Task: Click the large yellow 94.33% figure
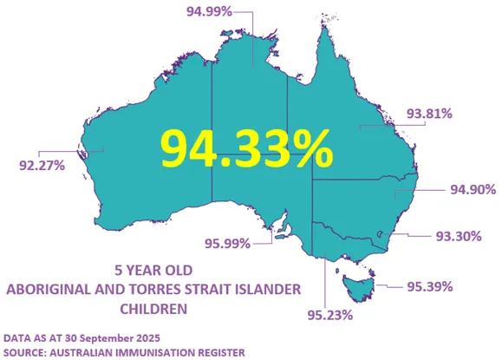pos(246,148)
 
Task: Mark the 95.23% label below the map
pos(329,315)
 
